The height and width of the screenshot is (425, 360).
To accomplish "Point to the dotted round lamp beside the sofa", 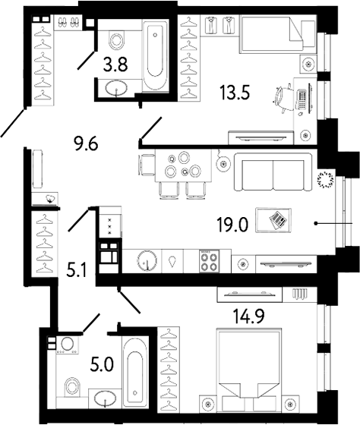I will pos(327,180).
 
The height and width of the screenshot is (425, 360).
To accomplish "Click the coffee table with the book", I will pos(276,219).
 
